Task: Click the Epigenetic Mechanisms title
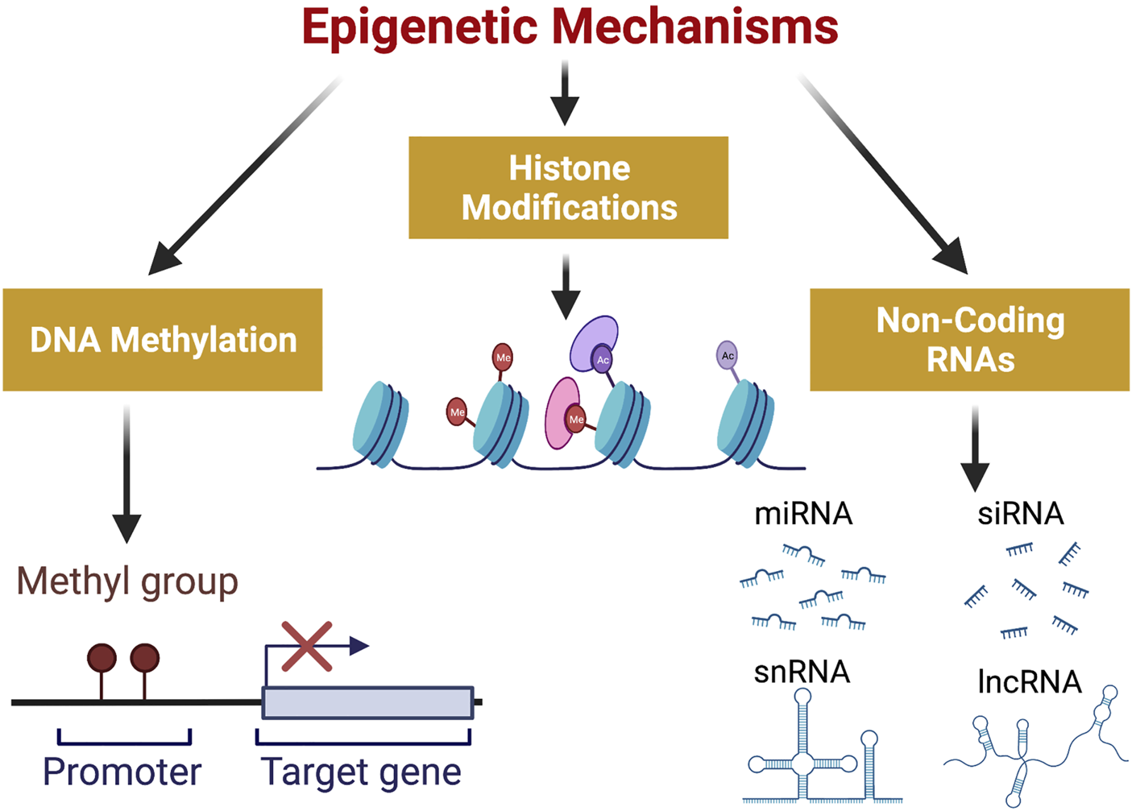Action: tap(570, 27)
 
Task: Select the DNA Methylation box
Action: tap(163, 340)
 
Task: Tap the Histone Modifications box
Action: tap(568, 188)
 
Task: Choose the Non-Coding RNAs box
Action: tap(969, 340)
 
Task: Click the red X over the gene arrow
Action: tap(307, 646)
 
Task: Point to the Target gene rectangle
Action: tap(367, 702)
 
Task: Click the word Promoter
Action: tap(122, 772)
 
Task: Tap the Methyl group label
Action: tap(127, 581)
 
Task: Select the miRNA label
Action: tap(803, 514)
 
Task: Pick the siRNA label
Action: tap(1021, 514)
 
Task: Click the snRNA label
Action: tap(802, 672)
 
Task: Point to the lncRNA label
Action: tap(1029, 682)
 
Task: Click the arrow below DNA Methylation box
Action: tap(126, 475)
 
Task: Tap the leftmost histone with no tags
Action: tap(380, 424)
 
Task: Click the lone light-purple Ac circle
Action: tap(728, 355)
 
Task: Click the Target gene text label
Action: tap(361, 772)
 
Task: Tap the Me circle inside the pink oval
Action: tap(576, 419)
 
